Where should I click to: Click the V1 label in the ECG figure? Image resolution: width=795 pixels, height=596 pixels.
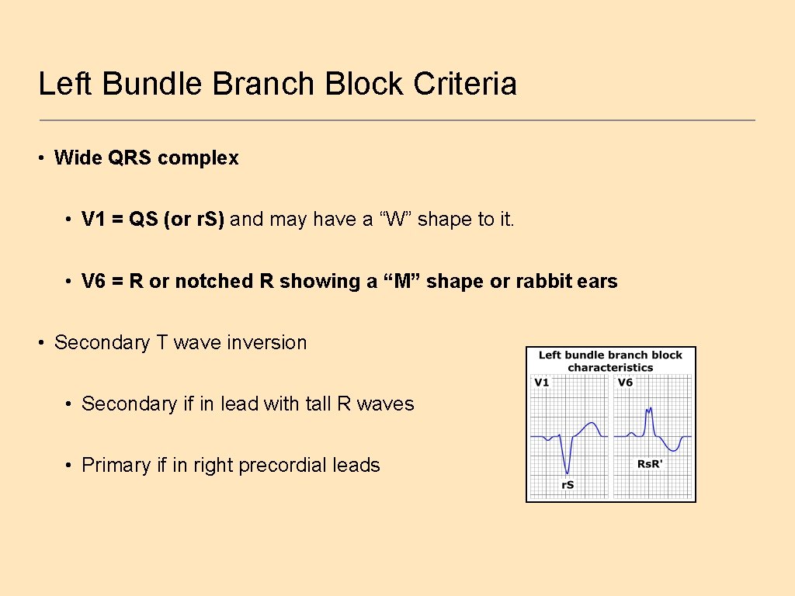pos(541,383)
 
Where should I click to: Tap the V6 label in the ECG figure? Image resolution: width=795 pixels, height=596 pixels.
pos(625,383)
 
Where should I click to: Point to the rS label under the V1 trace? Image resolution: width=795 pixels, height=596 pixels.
pos(568,485)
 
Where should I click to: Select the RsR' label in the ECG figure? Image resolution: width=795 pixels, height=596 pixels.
pos(649,464)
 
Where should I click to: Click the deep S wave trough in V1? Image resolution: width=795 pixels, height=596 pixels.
pos(568,471)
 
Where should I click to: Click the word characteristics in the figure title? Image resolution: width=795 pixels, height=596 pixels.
pos(610,367)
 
